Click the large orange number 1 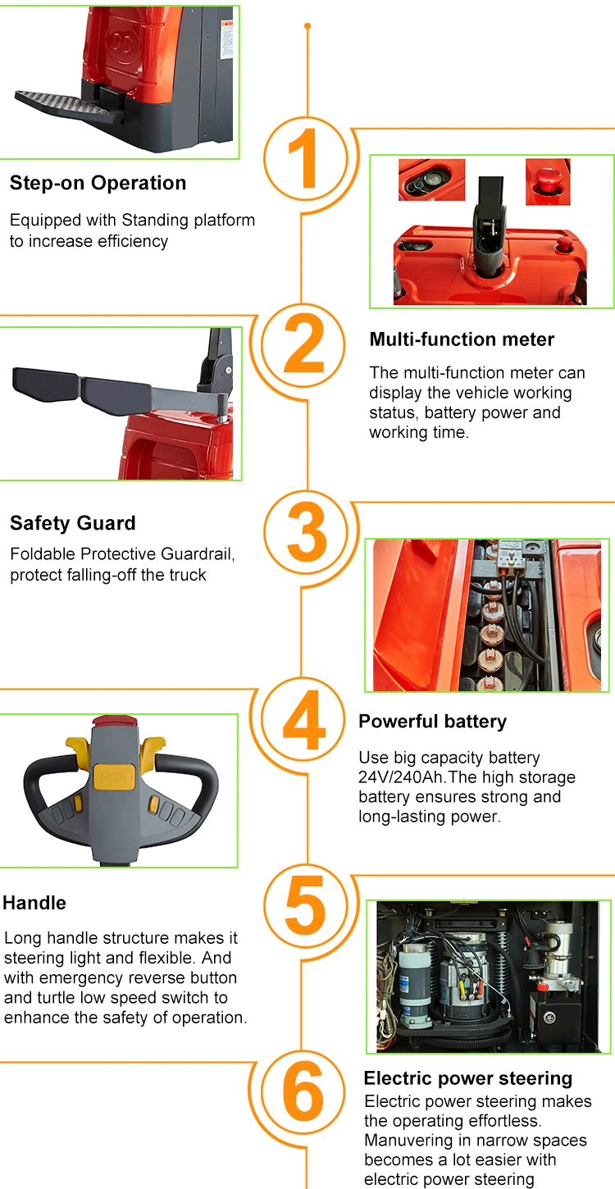coord(304,158)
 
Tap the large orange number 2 coord(304,344)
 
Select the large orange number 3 coord(307,531)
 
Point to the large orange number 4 coord(304,719)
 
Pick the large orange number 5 coord(306,905)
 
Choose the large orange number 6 coord(303,1091)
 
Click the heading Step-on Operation coord(98,183)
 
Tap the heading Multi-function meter coord(462,339)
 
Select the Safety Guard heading coord(73,523)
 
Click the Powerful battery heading coord(432,722)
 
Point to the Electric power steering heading coord(468,1078)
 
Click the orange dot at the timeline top coord(307,26)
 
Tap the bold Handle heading coord(34,903)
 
